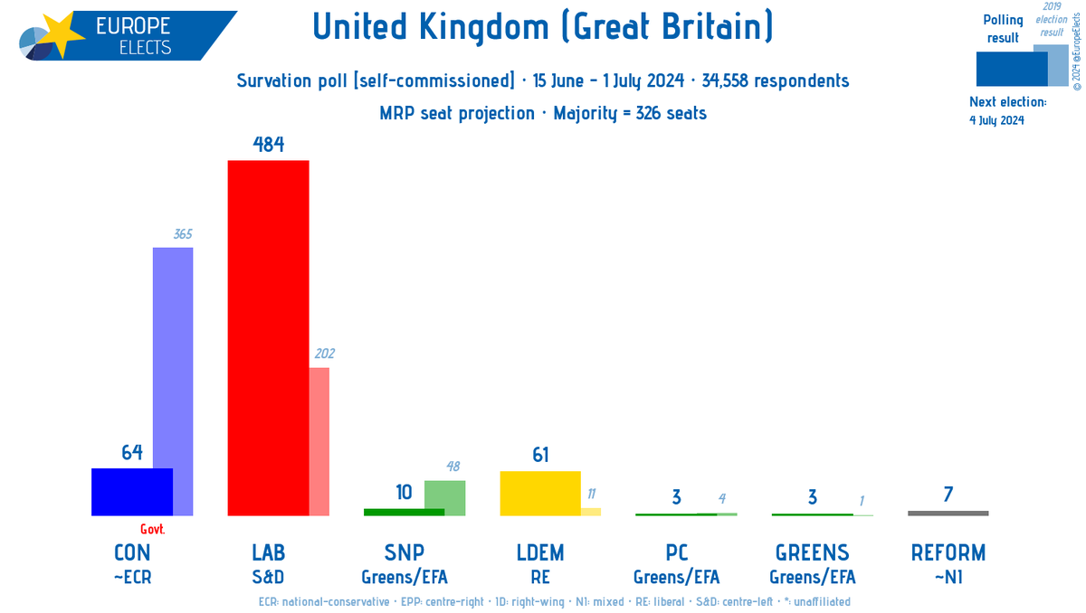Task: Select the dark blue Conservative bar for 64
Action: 132,492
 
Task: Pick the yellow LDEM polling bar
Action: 540,493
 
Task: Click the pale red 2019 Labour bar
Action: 319,441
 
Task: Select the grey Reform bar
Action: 948,514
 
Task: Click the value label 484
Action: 269,145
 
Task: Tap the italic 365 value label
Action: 182,234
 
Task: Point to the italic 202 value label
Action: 324,354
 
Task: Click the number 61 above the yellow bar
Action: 541,455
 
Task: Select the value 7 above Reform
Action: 948,495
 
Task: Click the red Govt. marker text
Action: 153,530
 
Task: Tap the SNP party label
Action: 405,552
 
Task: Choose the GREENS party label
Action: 812,552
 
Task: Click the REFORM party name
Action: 948,552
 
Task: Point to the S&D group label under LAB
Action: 268,576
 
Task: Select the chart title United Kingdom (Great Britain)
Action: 543,28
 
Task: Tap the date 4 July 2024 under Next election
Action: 996,120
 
